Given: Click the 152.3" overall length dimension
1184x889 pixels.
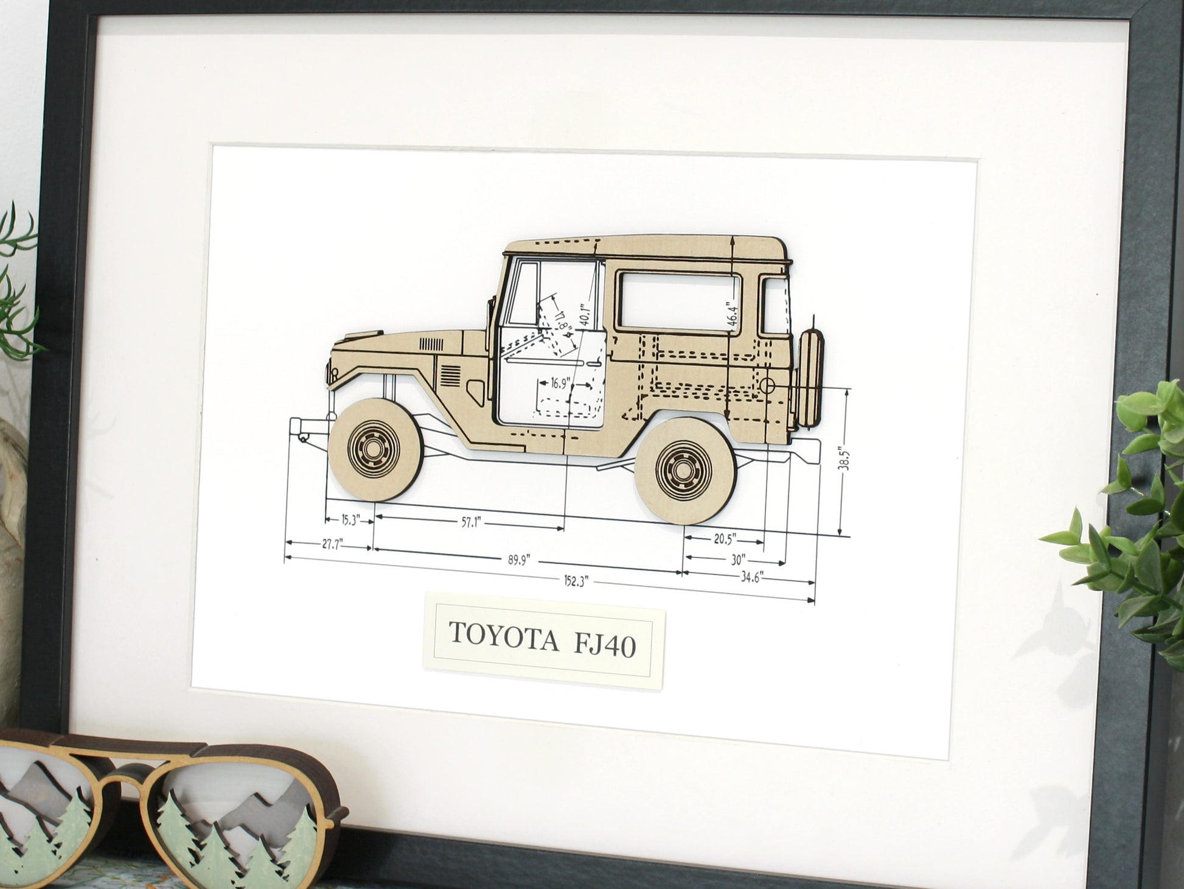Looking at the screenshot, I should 574,581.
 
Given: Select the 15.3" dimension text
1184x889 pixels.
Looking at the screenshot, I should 350,519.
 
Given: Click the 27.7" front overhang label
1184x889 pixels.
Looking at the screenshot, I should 330,543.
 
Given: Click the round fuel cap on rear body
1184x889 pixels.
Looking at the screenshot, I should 768,385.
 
